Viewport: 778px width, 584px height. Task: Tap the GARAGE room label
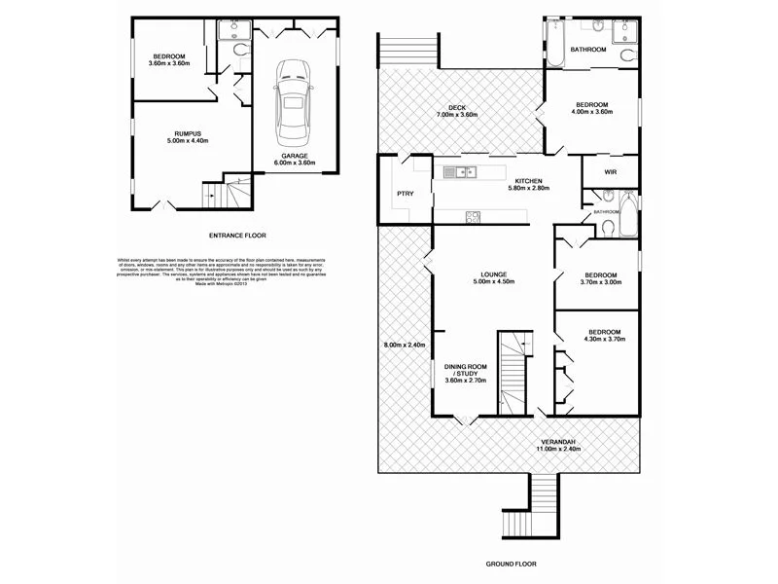(296, 156)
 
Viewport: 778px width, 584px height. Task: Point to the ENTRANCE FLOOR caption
(237, 236)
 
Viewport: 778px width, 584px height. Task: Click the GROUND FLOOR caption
(511, 564)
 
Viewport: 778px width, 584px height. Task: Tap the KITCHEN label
(528, 180)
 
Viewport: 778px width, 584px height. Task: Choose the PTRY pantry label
(406, 194)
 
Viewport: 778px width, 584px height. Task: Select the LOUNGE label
(491, 276)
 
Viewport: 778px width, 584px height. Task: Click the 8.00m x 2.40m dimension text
(405, 345)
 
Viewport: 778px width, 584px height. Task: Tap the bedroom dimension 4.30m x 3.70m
(603, 337)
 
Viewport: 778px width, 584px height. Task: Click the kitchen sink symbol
(458, 173)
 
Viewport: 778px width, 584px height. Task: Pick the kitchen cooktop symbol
(474, 216)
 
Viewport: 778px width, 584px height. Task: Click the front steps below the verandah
(545, 505)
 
